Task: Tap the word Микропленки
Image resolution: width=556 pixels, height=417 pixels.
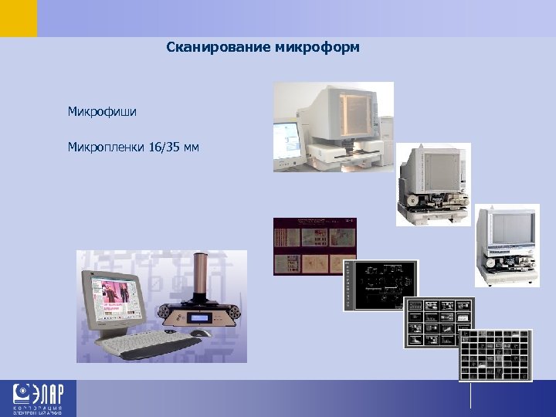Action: click(105, 146)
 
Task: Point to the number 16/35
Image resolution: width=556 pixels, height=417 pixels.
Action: click(164, 146)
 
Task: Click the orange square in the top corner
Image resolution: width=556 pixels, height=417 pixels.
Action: click(18, 18)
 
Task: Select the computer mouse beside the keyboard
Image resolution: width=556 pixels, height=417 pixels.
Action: click(200, 333)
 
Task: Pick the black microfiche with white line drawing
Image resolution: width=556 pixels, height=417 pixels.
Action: click(380, 285)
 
